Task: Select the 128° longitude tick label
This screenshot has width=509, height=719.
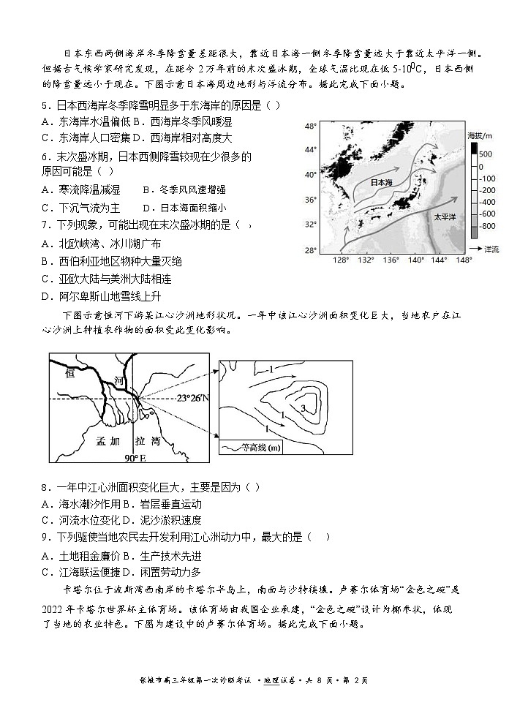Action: (x=340, y=260)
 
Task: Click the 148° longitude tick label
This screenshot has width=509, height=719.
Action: (x=464, y=260)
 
